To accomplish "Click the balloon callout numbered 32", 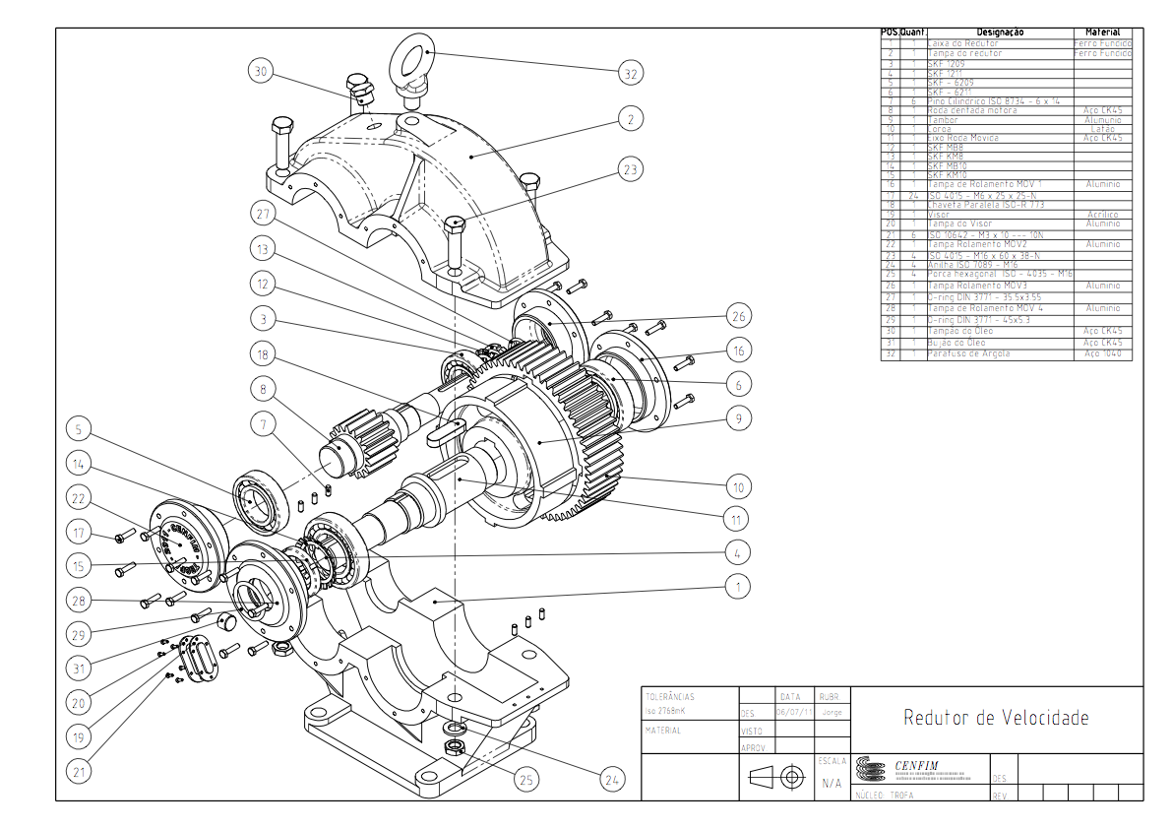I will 631,73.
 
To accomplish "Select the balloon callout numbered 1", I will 737,587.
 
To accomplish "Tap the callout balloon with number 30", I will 260,72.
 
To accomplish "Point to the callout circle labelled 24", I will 613,780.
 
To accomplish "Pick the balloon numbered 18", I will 262,355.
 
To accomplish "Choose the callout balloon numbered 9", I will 737,418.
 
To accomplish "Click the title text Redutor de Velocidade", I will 996,718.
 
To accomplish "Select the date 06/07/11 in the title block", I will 794,712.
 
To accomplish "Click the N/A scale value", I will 831,784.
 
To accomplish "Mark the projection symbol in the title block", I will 777,778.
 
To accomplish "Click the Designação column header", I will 1000,32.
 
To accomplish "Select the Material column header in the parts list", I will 1102,32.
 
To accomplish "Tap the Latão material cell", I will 1102,129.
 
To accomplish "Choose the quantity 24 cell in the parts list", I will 912,196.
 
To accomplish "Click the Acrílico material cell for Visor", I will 1102,215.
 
